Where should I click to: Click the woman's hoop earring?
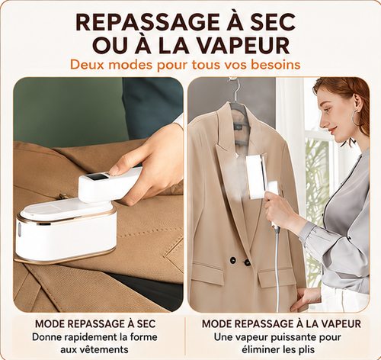pos(356,118)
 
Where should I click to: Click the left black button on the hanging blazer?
pos(232,260)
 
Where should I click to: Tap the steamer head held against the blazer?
pos(256,176)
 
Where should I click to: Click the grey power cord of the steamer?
pos(278,267)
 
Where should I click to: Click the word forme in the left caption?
pos(143,337)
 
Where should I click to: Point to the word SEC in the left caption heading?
pos(146,324)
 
